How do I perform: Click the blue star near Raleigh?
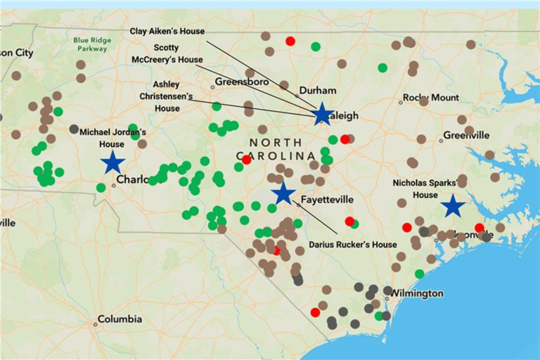pyautogui.click(x=322, y=113)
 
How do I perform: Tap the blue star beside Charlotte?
pyautogui.click(x=112, y=162)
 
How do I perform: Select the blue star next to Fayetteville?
pyautogui.click(x=283, y=193)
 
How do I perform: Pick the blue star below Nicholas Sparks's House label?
pyautogui.click(x=453, y=206)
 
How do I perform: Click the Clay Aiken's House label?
pyautogui.click(x=167, y=32)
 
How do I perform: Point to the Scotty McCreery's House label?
pyautogui.click(x=167, y=54)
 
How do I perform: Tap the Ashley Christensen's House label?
pyautogui.click(x=167, y=96)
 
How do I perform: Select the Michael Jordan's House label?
pyautogui.click(x=112, y=138)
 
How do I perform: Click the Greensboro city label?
pyautogui.click(x=241, y=82)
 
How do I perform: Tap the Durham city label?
pyautogui.click(x=318, y=91)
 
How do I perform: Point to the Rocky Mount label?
pyautogui.click(x=430, y=98)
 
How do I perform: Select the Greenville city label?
pyautogui.click(x=465, y=135)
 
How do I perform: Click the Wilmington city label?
pyautogui.click(x=417, y=293)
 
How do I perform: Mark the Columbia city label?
pyautogui.click(x=120, y=319)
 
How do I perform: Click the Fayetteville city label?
pyautogui.click(x=327, y=200)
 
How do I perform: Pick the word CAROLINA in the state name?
pyautogui.click(x=275, y=155)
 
